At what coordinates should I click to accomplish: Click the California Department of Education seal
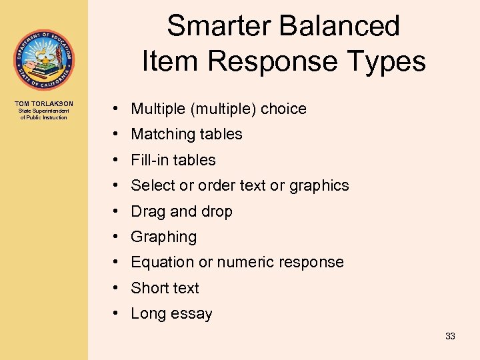[44, 60]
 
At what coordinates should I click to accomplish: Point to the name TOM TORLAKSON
[44, 104]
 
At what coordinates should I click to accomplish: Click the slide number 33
[450, 336]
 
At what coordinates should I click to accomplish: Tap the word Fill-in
[149, 160]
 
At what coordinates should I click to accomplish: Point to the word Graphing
[164, 237]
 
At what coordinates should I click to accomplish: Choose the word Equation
[162, 263]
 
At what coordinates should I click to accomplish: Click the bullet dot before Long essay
[116, 313]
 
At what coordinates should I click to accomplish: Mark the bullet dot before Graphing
[116, 237]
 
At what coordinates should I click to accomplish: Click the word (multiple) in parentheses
[223, 109]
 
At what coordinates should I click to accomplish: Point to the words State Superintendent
[44, 111]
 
